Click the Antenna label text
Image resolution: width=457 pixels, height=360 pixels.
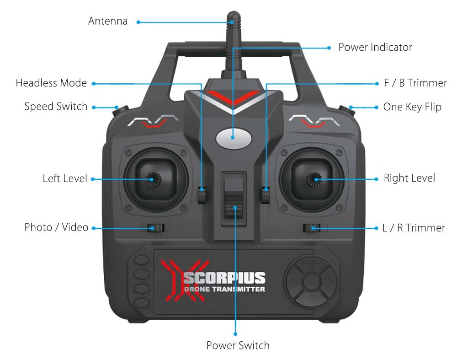coord(108,21)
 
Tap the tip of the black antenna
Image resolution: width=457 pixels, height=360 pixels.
coord(233,16)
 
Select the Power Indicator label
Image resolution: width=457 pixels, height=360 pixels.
coord(375,47)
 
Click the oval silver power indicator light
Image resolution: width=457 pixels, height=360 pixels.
coord(233,137)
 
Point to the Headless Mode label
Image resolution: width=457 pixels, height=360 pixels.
coord(51,83)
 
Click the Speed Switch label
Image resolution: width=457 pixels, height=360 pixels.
coord(56,107)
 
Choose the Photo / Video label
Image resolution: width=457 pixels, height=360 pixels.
coord(56,227)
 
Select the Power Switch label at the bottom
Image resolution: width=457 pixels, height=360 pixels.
coord(238,345)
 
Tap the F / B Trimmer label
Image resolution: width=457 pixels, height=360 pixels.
coord(415,83)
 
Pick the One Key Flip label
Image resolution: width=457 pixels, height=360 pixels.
coord(412,107)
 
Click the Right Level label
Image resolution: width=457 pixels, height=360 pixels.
coord(409,178)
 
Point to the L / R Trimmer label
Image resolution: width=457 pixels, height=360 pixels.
coord(414,227)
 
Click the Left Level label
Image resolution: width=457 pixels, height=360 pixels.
coord(65,178)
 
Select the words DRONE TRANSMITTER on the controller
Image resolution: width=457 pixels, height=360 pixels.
coord(224,289)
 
